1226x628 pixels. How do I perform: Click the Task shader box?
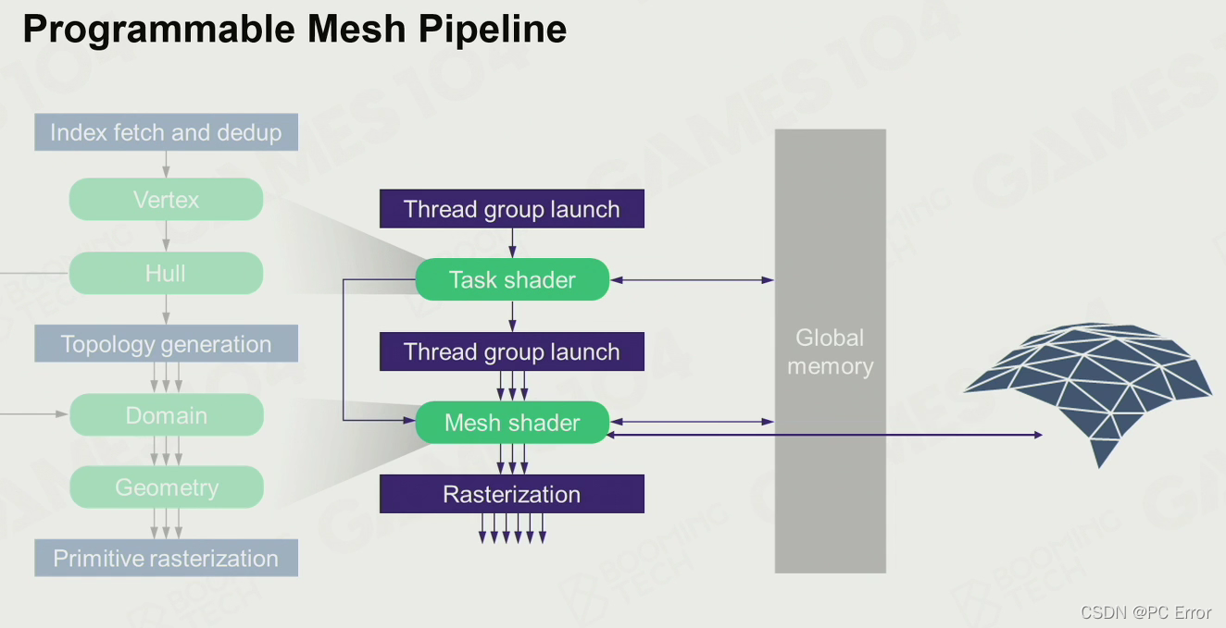[x=512, y=279]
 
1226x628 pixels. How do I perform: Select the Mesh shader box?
[x=512, y=423]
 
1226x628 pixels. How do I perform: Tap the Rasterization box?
[x=512, y=494]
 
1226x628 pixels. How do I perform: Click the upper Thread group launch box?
[x=512, y=209]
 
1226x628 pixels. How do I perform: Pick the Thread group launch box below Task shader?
[x=512, y=351]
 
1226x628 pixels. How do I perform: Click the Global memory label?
[x=830, y=352]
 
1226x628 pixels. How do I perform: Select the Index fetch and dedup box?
[x=167, y=132]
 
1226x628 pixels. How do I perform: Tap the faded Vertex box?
[x=166, y=200]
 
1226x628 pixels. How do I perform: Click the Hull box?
[x=166, y=273]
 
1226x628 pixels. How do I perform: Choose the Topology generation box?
[x=167, y=344]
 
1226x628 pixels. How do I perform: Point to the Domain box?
[x=167, y=415]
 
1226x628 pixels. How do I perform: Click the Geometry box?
[x=167, y=487]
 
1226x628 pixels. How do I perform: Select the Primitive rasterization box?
[x=167, y=558]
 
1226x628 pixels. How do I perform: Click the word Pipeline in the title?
[x=493, y=29]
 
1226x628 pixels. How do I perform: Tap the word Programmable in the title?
[x=158, y=30]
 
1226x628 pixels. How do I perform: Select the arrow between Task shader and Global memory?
[x=692, y=280]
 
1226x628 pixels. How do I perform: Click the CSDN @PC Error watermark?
[x=1145, y=612]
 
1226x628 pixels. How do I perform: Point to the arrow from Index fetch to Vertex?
[x=167, y=165]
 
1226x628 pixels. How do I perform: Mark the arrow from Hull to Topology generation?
[x=167, y=310]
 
